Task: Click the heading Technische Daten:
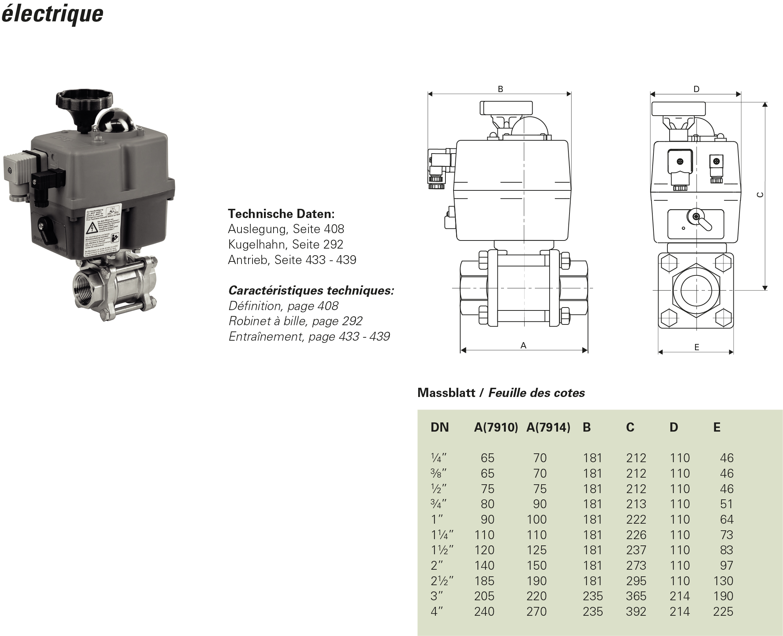281,214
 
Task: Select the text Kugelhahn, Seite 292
285,245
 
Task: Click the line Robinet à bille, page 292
295,321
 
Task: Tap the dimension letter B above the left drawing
500,89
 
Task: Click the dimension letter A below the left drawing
523,345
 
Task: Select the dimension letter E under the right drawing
696,347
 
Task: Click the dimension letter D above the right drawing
696,89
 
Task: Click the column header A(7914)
548,427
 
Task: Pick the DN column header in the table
440,427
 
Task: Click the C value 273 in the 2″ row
636,565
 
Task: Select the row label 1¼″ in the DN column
442,535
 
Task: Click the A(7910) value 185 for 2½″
484,581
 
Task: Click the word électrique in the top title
52,14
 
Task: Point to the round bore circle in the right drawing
696,290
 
